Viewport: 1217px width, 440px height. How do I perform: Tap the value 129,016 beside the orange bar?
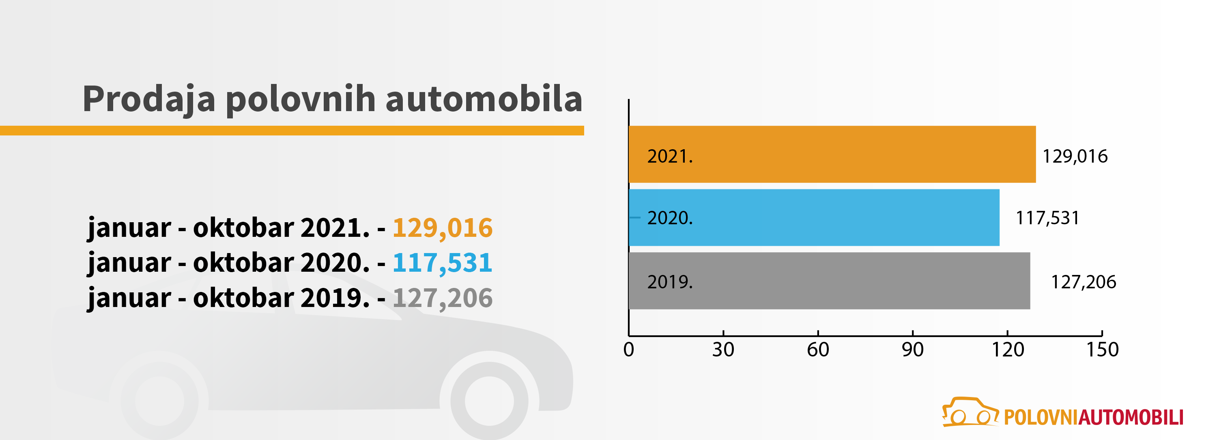1075,156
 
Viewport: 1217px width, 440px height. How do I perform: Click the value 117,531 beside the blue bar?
1047,218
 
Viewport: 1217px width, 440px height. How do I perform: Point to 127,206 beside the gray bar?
1083,282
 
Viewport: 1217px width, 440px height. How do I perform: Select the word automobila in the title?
484,99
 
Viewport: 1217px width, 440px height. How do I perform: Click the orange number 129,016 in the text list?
442,228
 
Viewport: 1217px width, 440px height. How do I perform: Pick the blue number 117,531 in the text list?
442,262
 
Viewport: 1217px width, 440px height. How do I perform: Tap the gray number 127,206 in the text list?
442,298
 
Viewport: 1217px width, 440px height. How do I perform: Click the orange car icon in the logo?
970,412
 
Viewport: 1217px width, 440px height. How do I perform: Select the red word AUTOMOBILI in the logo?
1131,417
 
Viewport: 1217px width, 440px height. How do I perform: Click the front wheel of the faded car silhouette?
489,400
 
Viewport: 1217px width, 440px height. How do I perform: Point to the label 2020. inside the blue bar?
669,218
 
